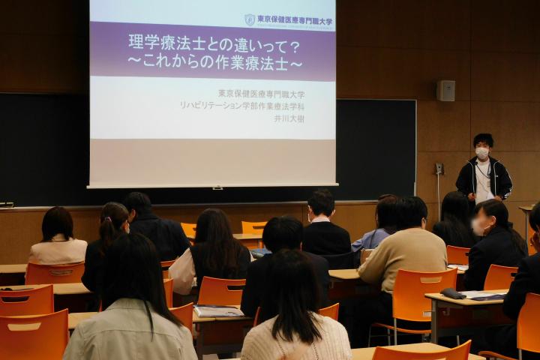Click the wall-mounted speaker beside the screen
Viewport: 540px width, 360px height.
click(445, 91)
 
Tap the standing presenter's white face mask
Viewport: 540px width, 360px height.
click(482, 153)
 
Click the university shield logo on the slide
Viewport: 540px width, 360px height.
click(250, 20)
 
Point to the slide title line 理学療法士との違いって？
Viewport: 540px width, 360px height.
click(214, 44)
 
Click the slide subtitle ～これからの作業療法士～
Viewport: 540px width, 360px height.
click(214, 64)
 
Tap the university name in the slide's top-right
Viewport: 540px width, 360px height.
click(295, 20)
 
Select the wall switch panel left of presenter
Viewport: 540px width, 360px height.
click(439, 169)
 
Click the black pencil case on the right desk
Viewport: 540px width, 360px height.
click(452, 293)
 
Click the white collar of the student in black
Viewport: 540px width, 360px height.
click(320, 220)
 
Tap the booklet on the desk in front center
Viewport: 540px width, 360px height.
click(217, 310)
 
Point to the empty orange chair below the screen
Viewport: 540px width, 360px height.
click(253, 226)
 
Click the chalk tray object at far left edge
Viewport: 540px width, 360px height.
click(6, 204)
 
